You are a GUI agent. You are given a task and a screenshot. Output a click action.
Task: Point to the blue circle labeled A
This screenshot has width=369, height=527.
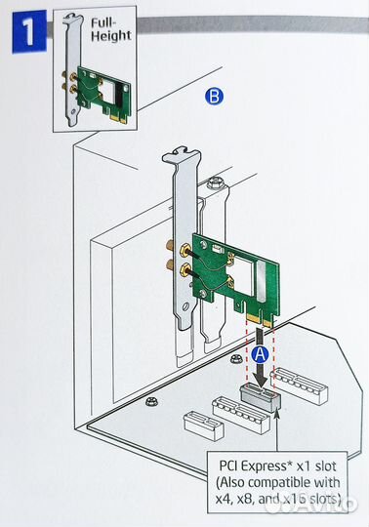pos(259,345)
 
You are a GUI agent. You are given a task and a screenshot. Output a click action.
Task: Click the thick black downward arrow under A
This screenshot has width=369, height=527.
pos(260,371)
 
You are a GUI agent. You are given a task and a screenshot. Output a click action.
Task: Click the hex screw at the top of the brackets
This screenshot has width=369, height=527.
pos(213,182)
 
